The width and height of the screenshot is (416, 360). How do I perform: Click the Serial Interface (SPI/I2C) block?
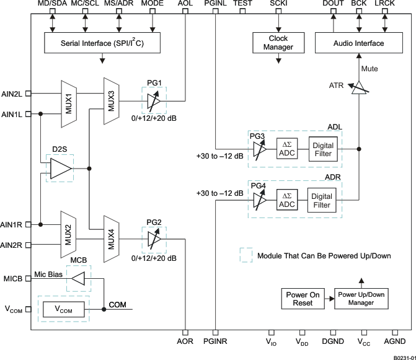click(102, 43)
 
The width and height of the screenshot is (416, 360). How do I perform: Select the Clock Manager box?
click(278, 43)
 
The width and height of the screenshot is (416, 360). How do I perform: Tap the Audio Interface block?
click(358, 43)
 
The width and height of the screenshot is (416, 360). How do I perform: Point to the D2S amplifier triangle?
click(61, 168)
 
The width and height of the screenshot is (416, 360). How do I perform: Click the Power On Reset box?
click(303, 299)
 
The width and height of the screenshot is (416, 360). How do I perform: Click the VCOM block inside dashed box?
click(63, 308)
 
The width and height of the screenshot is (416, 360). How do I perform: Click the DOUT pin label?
click(333, 4)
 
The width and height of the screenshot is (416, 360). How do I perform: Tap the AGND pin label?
click(395, 341)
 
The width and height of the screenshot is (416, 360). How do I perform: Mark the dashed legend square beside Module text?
click(246, 255)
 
